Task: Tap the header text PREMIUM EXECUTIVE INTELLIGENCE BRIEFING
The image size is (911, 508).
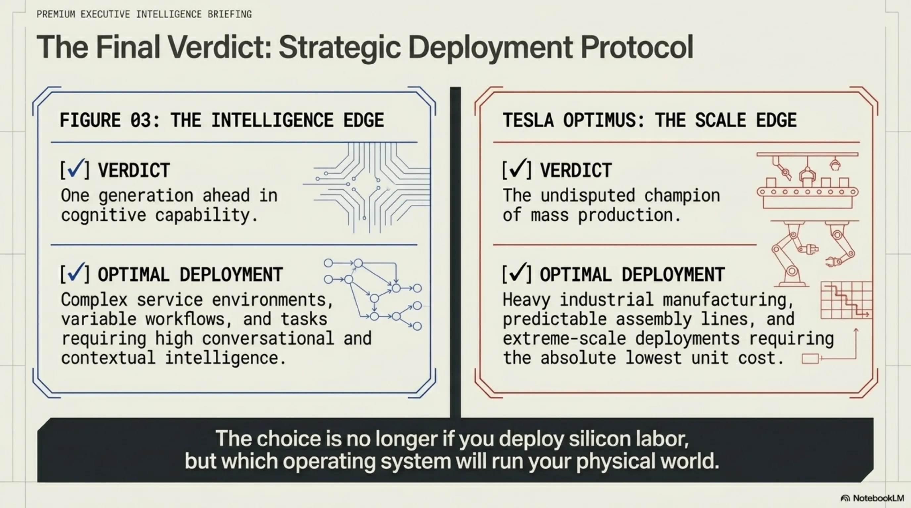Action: (x=144, y=14)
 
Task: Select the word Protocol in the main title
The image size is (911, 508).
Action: (x=637, y=47)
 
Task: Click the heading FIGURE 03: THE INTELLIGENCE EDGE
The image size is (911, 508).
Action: (x=222, y=120)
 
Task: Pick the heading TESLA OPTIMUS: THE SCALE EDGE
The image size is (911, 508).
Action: (x=650, y=120)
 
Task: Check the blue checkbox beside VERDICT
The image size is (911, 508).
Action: (x=75, y=169)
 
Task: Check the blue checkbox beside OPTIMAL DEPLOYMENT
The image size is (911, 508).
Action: (x=75, y=273)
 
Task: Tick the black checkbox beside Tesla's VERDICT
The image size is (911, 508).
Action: (x=517, y=169)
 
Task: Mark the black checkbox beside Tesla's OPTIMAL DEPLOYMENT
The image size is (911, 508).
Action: (x=517, y=273)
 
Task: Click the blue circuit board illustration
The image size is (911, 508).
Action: (x=367, y=187)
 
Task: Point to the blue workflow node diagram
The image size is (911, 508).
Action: (x=373, y=295)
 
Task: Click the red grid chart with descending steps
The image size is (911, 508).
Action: (x=846, y=300)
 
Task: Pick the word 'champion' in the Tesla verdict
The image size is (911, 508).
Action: (x=682, y=196)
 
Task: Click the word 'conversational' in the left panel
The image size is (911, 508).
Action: (x=268, y=338)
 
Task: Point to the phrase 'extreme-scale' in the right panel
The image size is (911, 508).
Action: (x=564, y=338)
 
